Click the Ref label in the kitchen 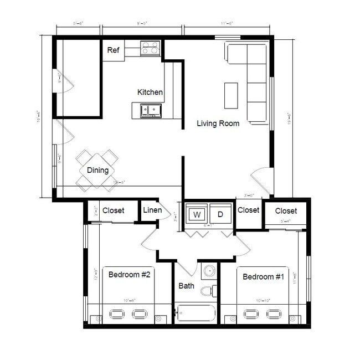click(x=113, y=50)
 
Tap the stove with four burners click(x=150, y=49)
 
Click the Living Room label click(x=218, y=124)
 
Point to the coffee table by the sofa click(x=231, y=95)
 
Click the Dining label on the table click(x=97, y=171)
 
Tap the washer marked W click(x=197, y=214)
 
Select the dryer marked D click(x=220, y=214)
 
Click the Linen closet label click(x=152, y=210)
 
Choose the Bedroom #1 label click(x=263, y=276)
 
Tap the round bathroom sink click(x=209, y=271)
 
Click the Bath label click(x=186, y=286)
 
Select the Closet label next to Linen click(x=113, y=211)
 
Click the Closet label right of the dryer click(x=248, y=210)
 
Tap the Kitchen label click(x=150, y=92)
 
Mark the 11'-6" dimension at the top click(x=227, y=24)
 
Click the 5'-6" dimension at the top click(x=78, y=24)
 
